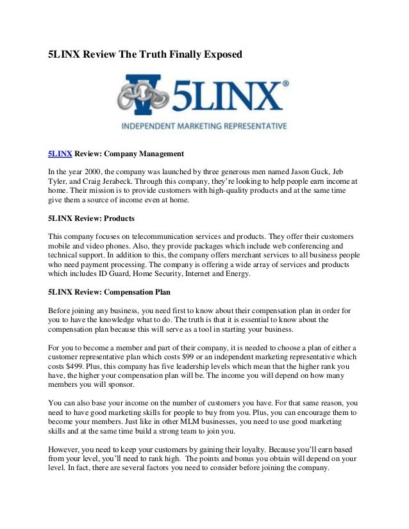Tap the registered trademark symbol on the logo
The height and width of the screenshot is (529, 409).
pyautogui.click(x=285, y=83)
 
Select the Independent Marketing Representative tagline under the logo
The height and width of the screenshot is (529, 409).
pyautogui.click(x=204, y=126)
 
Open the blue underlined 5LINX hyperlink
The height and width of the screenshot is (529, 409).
pyautogui.click(x=60, y=154)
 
